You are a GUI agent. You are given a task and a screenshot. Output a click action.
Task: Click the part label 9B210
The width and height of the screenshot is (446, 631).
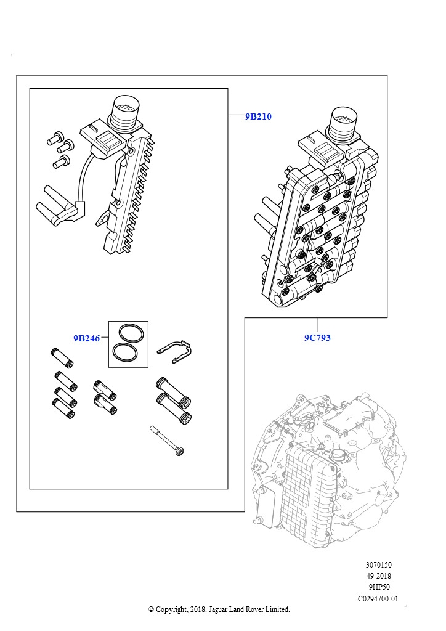tap(258, 116)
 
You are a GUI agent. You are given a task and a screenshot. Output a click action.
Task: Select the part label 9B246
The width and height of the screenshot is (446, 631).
tap(86, 338)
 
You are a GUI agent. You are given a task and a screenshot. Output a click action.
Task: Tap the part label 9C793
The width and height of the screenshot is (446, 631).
tap(317, 338)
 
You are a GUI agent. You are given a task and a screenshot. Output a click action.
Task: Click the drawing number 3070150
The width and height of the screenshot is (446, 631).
tap(378, 564)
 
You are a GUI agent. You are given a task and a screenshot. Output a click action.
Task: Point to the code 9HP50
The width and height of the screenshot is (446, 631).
tap(378, 587)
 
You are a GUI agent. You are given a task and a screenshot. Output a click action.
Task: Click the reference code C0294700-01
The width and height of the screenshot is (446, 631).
tap(378, 599)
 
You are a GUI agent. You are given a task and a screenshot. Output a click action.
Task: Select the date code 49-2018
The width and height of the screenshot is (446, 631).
tap(378, 576)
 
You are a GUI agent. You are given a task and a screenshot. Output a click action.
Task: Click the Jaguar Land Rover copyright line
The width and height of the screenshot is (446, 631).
tap(219, 609)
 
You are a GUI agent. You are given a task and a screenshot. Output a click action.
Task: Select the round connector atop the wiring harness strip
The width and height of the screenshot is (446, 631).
tap(125, 113)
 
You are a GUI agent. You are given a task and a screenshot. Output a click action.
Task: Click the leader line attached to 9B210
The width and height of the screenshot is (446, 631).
tap(237, 116)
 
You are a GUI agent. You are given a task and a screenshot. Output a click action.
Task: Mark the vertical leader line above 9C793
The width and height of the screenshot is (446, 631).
tap(318, 325)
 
